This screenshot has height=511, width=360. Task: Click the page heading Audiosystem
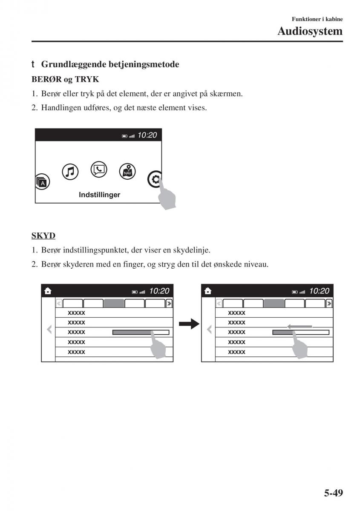tap(310, 31)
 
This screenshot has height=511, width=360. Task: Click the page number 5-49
tap(333, 493)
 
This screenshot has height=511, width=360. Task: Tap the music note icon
tap(70, 172)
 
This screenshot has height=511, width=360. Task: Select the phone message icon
tap(99, 170)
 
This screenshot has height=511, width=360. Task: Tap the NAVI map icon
tap(127, 171)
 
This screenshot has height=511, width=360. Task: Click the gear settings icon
tap(155, 179)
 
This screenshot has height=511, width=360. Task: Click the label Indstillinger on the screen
tap(99, 195)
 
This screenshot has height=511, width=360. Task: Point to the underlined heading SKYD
tap(43, 235)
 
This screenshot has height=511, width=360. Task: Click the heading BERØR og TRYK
tap(65, 80)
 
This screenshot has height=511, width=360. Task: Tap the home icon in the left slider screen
tap(48, 291)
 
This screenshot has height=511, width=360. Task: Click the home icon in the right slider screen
tap(207, 291)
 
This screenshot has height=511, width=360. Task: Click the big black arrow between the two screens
tap(189, 324)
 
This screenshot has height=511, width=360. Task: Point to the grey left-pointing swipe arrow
tap(300, 327)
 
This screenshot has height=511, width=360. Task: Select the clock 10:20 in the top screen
tap(147, 135)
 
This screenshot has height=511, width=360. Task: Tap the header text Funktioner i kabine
tap(317, 19)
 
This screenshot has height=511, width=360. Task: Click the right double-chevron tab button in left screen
tap(169, 303)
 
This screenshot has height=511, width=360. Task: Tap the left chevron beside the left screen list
tap(49, 329)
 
